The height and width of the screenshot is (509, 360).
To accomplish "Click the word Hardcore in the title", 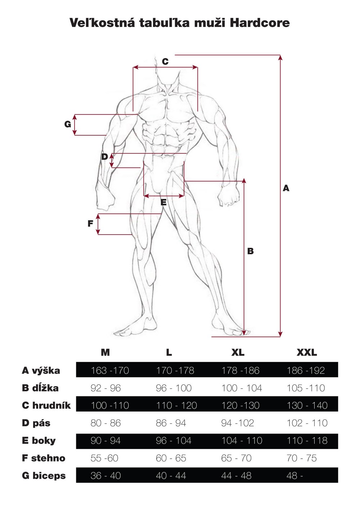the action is tap(260, 23).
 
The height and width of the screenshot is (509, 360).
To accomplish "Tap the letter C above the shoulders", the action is tap(165, 62).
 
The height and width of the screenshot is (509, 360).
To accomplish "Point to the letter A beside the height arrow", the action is tap(286, 188).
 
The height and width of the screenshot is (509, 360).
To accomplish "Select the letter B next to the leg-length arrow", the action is tap(250, 251).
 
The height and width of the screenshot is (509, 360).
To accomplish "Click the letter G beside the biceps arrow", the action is tap(68, 124).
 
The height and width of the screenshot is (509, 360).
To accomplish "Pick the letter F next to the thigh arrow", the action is tap(90, 224).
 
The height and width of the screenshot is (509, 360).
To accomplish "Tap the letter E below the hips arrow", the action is tap(163, 202).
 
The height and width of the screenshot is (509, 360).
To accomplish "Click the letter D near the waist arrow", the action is tap(104, 156).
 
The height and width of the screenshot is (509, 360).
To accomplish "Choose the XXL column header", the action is tap(307, 353).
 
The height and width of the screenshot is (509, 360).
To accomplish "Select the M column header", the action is tap(105, 353).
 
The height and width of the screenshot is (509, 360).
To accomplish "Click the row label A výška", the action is tap(41, 371).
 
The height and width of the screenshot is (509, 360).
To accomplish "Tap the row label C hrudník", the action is tap(46, 405).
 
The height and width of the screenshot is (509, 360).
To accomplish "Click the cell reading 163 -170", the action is tap(110, 371).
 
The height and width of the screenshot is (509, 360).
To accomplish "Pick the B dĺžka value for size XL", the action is tap(242, 388).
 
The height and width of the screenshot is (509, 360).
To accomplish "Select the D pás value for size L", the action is tap(171, 423).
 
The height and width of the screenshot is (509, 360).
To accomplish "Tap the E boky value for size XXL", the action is tap(307, 441).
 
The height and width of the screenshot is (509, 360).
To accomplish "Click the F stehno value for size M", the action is tap(104, 458).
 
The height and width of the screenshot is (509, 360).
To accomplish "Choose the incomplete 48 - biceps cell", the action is tap(295, 476).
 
